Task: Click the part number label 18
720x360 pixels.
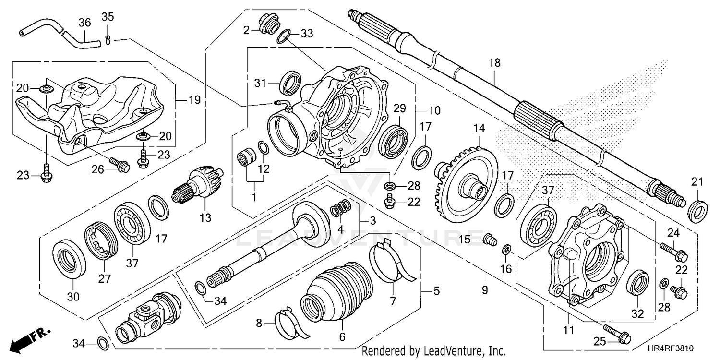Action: coord(494,62)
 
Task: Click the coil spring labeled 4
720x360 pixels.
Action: coord(341,208)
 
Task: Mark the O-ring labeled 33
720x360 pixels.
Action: coord(285,36)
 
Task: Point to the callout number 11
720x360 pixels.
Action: coord(569,330)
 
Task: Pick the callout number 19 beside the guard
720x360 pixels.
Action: coord(194,100)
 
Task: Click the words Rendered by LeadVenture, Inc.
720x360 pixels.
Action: coord(433,351)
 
